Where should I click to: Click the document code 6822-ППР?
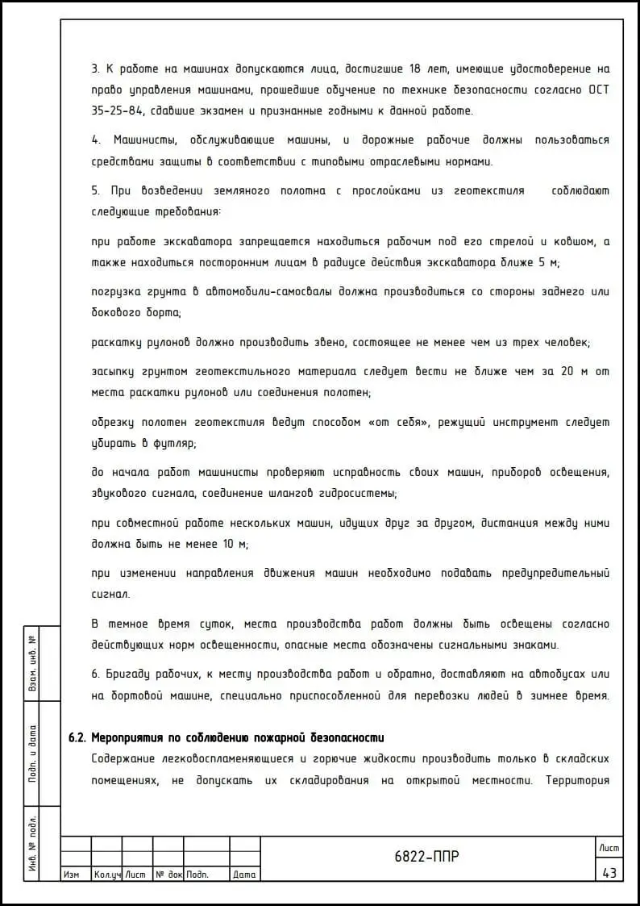tap(427, 857)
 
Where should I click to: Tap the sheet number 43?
tap(609, 872)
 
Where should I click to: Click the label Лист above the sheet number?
tap(609, 846)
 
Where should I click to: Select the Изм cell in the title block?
tap(71, 875)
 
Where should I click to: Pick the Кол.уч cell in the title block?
tap(106, 875)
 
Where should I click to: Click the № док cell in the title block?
tap(168, 875)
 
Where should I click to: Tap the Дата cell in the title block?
tap(244, 875)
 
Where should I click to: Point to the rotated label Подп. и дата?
tap(33, 754)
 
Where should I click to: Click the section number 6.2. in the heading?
tap(77, 737)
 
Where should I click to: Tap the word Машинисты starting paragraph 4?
tap(147, 140)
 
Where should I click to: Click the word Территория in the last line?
tap(577, 780)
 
